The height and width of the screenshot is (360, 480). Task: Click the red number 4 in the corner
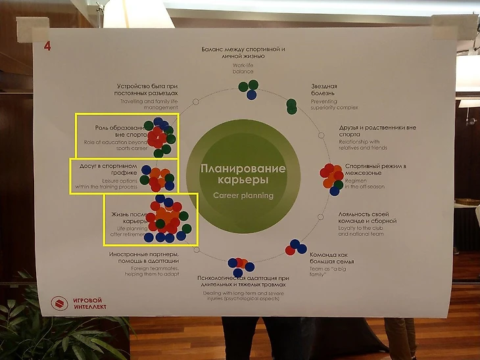(x=47, y=45)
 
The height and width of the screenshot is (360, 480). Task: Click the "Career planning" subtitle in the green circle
(x=243, y=195)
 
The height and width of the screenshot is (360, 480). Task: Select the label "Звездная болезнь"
(x=324, y=90)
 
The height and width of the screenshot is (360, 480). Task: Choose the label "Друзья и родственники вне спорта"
(x=372, y=131)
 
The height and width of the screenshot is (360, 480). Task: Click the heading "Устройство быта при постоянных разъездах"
(x=147, y=89)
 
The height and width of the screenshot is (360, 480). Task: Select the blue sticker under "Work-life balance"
(x=251, y=95)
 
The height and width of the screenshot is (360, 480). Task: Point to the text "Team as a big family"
(x=326, y=271)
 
